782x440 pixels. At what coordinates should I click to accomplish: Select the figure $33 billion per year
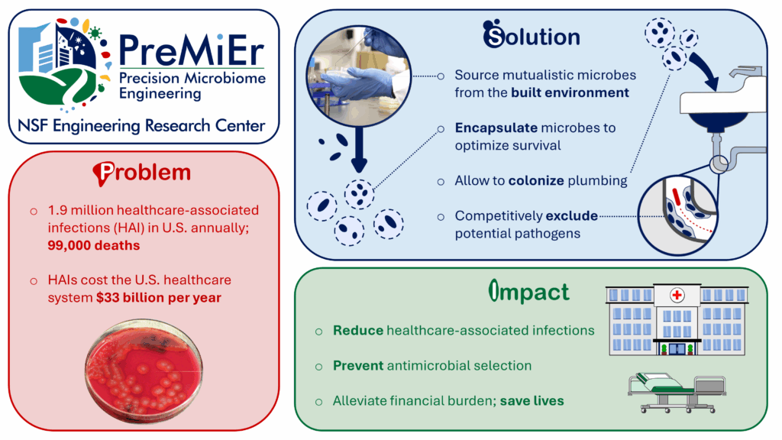click(x=159, y=298)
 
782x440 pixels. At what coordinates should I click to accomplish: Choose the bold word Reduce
click(x=358, y=331)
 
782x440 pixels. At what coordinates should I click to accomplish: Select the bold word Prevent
click(x=358, y=366)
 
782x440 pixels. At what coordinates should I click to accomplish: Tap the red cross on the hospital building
click(x=676, y=295)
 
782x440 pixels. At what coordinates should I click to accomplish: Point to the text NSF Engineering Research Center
click(x=143, y=125)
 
